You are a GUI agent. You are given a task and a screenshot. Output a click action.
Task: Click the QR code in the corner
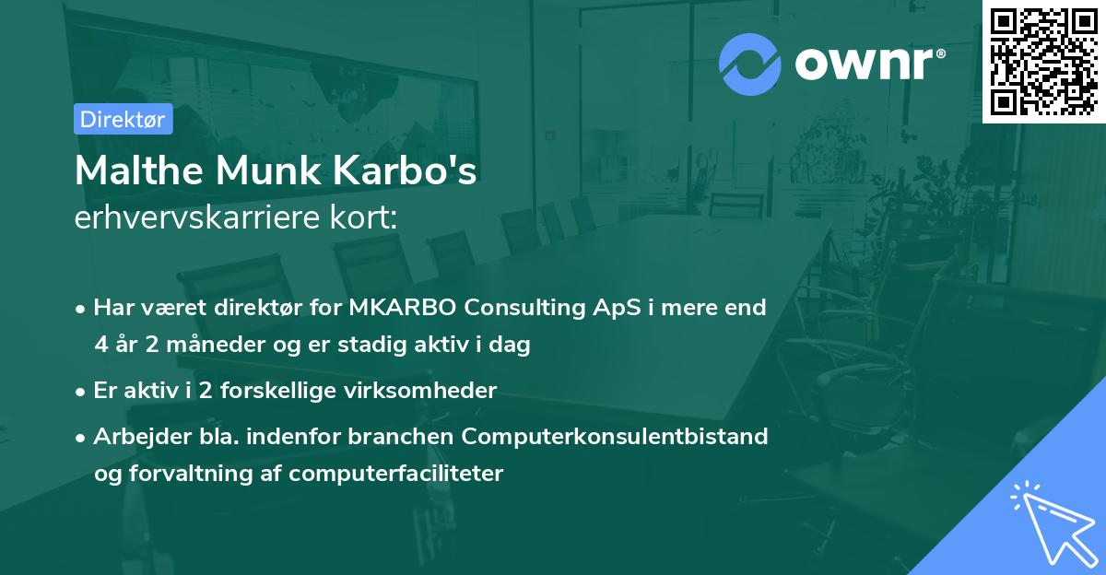pyautogui.click(x=1043, y=62)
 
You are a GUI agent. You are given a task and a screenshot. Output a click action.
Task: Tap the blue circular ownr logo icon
pyautogui.click(x=750, y=64)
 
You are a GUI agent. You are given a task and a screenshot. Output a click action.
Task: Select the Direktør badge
pyautogui.click(x=123, y=119)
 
